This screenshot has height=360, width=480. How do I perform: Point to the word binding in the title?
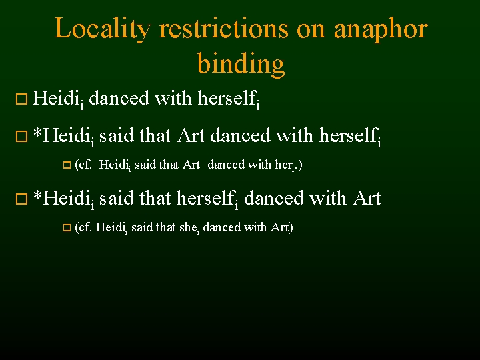click(x=241, y=65)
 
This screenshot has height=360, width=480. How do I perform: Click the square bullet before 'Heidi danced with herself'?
click(x=21, y=100)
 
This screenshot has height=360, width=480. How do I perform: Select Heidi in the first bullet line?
click(x=55, y=99)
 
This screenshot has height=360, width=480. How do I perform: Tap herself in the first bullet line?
click(x=227, y=99)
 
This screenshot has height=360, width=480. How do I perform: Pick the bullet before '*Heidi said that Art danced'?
click(x=21, y=137)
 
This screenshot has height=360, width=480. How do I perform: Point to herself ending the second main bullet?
click(x=348, y=136)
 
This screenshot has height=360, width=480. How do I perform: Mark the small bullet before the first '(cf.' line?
click(x=66, y=165)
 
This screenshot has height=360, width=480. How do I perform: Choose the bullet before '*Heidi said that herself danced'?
click(x=21, y=199)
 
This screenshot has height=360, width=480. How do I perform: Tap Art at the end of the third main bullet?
click(x=366, y=198)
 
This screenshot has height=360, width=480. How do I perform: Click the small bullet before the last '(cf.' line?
click(x=66, y=228)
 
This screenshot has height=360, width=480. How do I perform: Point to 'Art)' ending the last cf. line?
click(x=281, y=227)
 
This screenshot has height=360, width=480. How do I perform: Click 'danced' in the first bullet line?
click(x=119, y=99)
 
